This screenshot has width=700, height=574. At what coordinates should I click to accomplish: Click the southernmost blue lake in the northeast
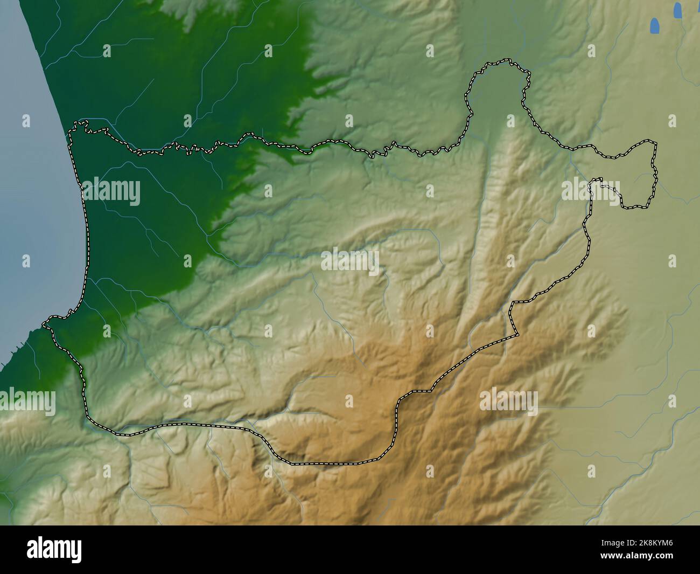pos(654,26)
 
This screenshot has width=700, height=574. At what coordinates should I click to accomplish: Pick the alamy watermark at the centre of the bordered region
pos(350,261)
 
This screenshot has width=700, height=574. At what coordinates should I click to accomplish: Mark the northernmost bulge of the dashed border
pos(501,63)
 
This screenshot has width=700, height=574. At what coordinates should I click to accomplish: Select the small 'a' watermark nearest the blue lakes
pos(671,121)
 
